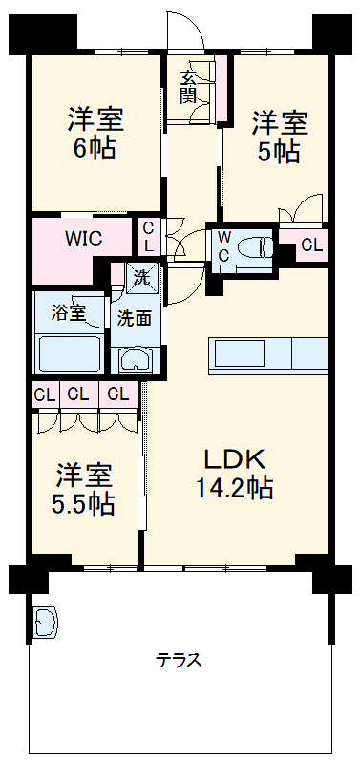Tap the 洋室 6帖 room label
point(95,135)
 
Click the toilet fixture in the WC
point(251,246)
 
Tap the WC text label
point(222,244)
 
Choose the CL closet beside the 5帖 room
point(311,244)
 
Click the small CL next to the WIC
point(149,237)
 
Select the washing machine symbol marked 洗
point(140,280)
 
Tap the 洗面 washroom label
point(134,319)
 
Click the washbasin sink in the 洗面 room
point(134,360)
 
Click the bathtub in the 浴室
point(67,353)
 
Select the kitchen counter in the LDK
point(268,354)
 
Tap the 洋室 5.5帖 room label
point(84,489)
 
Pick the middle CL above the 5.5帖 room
point(79,393)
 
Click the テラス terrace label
point(179,660)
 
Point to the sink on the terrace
point(45,622)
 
